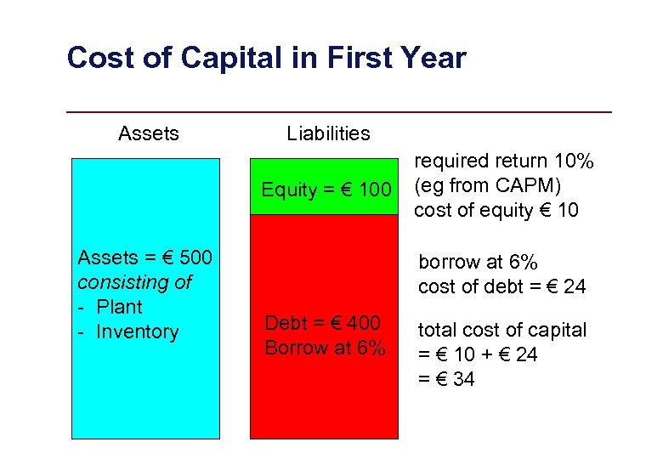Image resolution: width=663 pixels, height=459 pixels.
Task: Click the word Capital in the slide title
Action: point(265,58)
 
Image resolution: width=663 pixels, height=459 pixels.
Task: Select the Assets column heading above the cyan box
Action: point(149,133)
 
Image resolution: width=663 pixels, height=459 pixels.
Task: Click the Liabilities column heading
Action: point(328,133)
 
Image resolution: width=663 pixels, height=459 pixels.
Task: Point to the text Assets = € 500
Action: point(144,257)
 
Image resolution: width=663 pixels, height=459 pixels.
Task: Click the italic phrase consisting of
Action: point(134,281)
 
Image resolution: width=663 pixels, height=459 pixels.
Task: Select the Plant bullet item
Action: point(119,307)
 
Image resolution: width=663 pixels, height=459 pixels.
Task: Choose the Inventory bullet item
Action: point(137,331)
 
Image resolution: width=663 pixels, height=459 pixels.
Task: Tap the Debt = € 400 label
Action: point(322,323)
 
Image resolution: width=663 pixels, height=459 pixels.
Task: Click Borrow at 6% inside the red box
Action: point(325,348)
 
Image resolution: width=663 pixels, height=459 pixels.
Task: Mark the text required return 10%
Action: point(503,161)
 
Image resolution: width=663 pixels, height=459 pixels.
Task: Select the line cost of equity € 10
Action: point(496,210)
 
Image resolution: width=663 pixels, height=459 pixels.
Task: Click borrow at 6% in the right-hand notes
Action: point(478,262)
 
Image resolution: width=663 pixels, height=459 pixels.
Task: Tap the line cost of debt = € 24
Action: point(501,286)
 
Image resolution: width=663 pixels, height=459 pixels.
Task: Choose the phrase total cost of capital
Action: point(501,330)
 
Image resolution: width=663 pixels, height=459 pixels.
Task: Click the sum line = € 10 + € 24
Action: point(478,354)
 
